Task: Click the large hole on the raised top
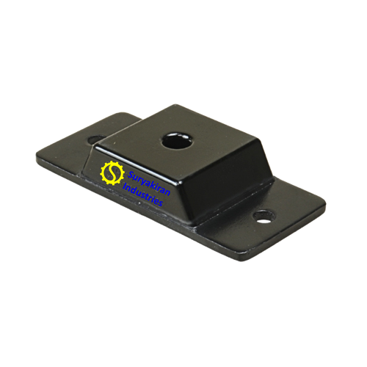[x=176, y=142]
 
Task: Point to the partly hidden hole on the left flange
[x=95, y=139]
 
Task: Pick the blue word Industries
[x=142, y=195]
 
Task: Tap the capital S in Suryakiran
[x=131, y=175]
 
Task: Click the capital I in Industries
[x=124, y=187]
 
